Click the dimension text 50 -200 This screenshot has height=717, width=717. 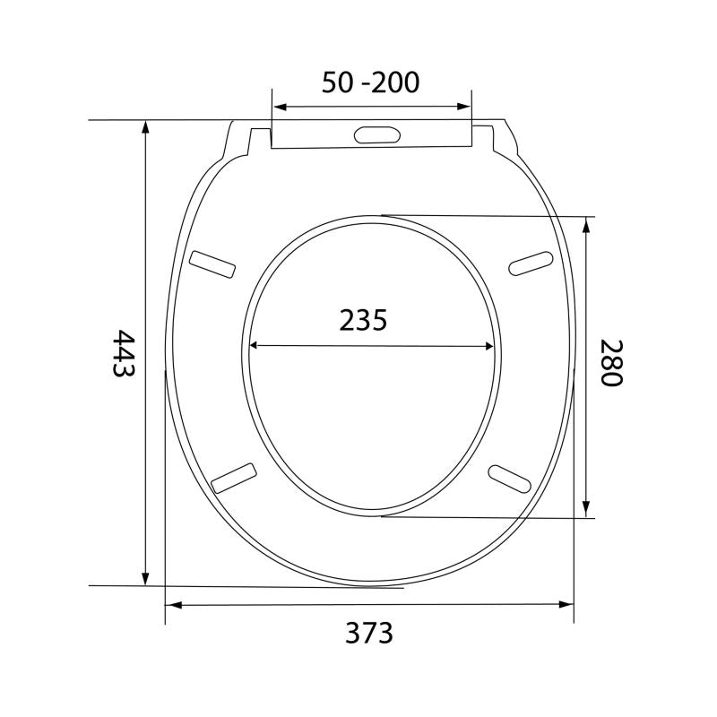tap(370, 82)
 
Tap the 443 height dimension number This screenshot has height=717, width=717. tap(124, 353)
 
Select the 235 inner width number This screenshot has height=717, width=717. tap(363, 320)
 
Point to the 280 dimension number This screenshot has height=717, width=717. tap(611, 363)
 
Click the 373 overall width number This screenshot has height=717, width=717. tap(369, 633)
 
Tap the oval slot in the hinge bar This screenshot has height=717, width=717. tap(377, 134)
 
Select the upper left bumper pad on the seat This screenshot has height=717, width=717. tap(212, 263)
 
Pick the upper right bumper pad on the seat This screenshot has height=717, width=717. tap(531, 263)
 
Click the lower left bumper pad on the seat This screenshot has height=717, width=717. tap(234, 479)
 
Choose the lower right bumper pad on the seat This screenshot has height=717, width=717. tap(510, 479)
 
